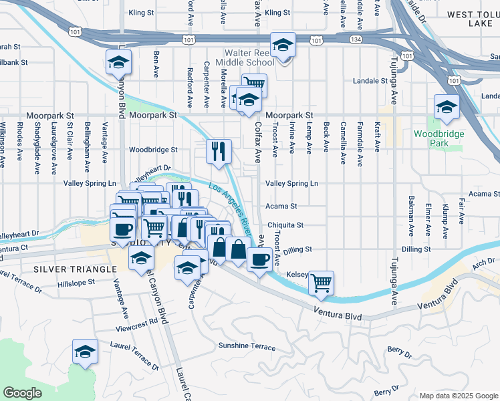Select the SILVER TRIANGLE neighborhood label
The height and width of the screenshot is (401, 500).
point(72,268)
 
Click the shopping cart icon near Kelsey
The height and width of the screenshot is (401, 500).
point(321,283)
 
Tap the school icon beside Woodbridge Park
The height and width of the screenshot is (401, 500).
point(446,107)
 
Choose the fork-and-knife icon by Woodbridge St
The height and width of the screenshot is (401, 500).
point(219,152)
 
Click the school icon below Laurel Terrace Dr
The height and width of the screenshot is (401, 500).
point(86,352)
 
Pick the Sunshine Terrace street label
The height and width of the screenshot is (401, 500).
point(247,346)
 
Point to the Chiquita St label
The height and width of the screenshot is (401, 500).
point(285,225)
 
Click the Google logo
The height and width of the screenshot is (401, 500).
point(22,392)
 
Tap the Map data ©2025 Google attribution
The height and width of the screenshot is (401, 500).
point(458,395)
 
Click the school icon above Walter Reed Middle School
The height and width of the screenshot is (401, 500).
point(283,45)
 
